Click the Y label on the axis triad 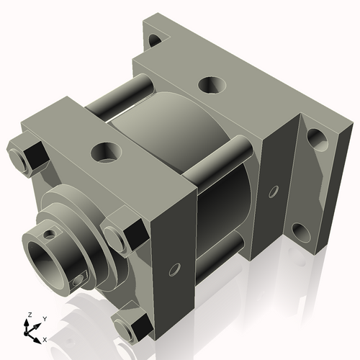pos(44,318)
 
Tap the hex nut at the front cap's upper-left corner pos(26,157)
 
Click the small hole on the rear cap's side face pos(273,192)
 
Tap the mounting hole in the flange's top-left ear pos(154,40)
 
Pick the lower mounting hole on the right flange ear pos(300,232)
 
